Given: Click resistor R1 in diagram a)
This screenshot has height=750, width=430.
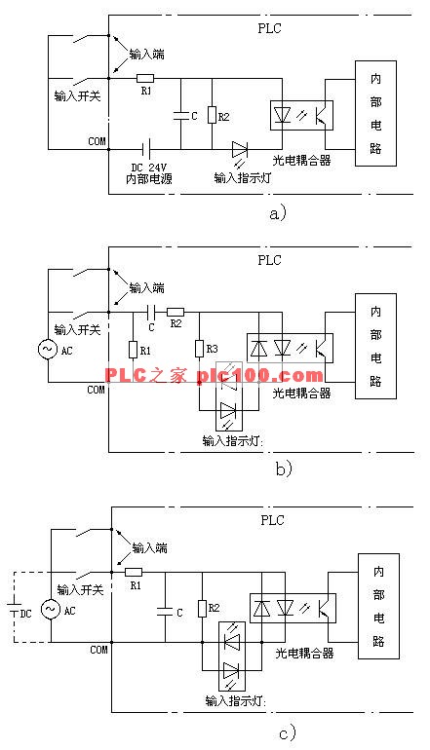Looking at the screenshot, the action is coord(145,79).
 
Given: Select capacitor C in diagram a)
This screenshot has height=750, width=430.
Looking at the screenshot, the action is coord(181,115).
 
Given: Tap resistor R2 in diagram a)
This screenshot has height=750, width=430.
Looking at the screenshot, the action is coord(212,115).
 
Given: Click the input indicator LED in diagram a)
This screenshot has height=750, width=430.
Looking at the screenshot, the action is coord(239,150).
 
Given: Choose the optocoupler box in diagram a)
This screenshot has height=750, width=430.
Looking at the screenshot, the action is coord(301,115).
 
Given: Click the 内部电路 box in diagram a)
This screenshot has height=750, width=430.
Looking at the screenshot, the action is coord(376,113).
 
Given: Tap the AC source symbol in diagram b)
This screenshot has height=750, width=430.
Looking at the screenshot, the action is coord(48,349).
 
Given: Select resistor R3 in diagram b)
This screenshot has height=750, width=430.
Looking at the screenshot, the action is coord(199,349).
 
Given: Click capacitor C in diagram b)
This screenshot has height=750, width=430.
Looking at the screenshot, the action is coord(151,313).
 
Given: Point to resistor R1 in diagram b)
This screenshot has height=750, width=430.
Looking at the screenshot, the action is coord(134,350).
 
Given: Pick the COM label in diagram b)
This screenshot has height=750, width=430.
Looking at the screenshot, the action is coord(96,390).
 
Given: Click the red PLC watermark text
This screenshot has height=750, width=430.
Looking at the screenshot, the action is coord(214,375).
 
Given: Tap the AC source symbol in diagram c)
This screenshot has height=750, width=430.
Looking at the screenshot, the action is coord(51,610).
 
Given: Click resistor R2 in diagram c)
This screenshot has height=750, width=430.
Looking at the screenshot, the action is coord(202,609).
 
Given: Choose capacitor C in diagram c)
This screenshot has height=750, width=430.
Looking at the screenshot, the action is coord(165,611).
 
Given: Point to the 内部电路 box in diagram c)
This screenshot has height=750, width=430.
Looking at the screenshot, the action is coord(378,606).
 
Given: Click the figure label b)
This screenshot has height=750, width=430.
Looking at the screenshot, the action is coord(284,469).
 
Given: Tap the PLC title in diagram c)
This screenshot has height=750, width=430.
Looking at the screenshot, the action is coord(272,520).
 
